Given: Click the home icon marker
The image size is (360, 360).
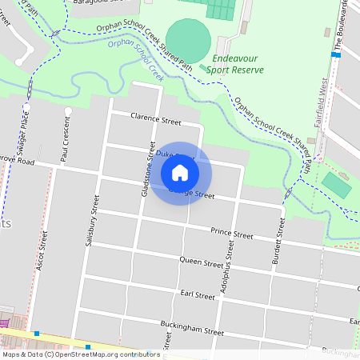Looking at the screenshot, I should coord(180,172).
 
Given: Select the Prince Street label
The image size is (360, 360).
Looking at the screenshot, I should coord(231,234).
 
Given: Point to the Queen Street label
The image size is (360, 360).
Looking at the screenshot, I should coord(201,262).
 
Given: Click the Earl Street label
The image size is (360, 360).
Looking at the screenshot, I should coord(198,295).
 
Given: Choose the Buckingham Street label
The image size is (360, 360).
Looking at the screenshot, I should coord(191,330).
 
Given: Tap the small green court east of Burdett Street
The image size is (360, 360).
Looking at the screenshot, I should coord(336,185).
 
